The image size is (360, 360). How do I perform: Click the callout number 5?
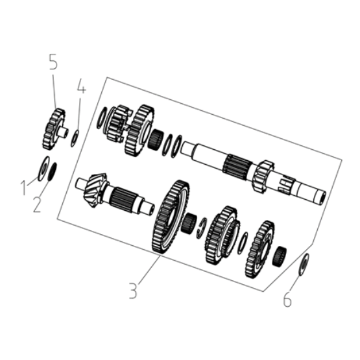53,62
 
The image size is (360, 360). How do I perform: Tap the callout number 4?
81,86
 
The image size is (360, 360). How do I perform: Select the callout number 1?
23,188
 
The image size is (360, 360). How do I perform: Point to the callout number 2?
37,204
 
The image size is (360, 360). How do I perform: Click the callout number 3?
133,291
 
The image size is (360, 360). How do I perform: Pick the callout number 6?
287,300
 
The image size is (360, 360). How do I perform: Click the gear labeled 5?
54,129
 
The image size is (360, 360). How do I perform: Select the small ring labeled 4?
75,138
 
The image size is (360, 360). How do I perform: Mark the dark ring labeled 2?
52,172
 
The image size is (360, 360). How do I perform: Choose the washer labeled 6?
304,264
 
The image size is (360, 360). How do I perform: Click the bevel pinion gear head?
96,190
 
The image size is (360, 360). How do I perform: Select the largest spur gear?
171,217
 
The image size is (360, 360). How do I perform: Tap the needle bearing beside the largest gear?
189,223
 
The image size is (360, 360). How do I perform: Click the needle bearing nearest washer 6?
280,256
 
